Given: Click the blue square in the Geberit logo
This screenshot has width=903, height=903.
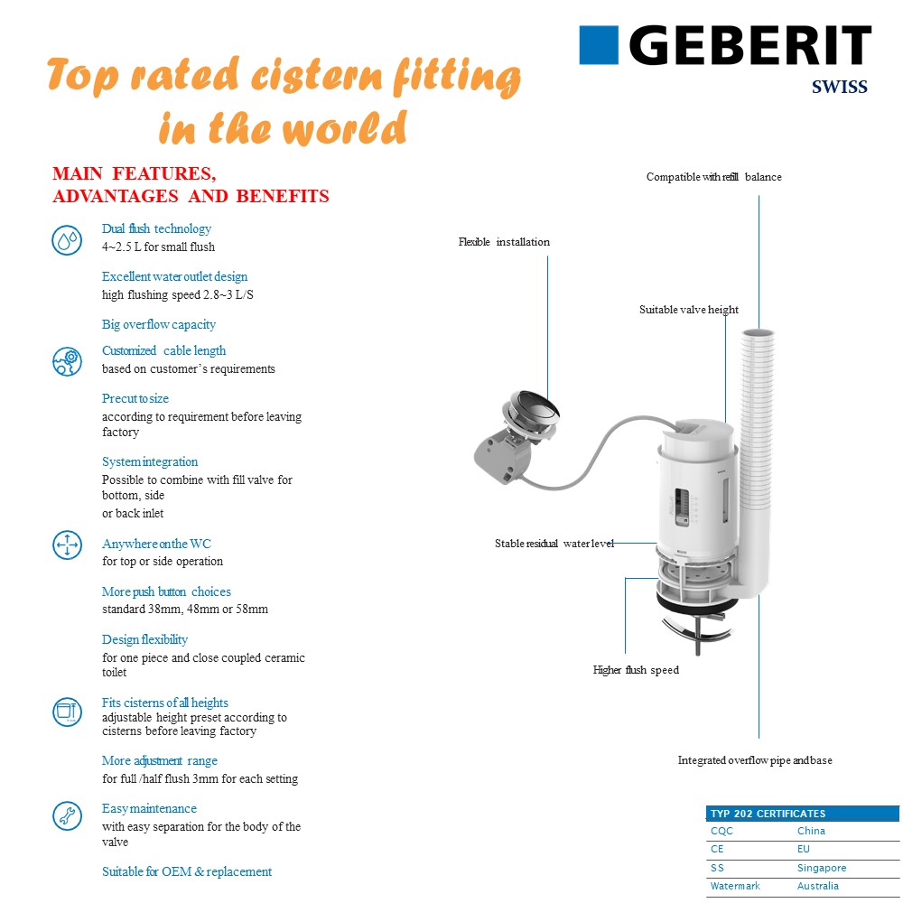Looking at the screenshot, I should pyautogui.click(x=599, y=45).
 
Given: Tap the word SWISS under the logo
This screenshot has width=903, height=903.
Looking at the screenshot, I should pyautogui.click(x=840, y=88).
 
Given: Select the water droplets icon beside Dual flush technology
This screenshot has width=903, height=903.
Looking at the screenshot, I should pyautogui.click(x=67, y=240).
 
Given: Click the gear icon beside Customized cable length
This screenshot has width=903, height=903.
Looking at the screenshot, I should pyautogui.click(x=67, y=361).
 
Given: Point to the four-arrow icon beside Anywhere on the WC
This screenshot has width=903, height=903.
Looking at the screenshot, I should pyautogui.click(x=67, y=545).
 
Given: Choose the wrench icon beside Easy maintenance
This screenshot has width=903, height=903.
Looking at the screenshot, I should pyautogui.click(x=67, y=816).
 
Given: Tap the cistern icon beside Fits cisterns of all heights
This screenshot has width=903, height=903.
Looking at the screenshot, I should pyautogui.click(x=67, y=711).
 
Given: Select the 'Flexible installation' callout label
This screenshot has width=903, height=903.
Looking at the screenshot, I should pyautogui.click(x=504, y=242).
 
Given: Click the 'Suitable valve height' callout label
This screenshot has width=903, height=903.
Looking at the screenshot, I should pyautogui.click(x=689, y=310).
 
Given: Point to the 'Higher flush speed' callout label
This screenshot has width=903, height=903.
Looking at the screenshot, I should pyautogui.click(x=636, y=670).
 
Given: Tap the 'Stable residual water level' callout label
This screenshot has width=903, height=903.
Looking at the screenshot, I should pyautogui.click(x=554, y=544).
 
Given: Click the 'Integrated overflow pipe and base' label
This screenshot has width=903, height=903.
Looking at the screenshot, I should pyautogui.click(x=755, y=760).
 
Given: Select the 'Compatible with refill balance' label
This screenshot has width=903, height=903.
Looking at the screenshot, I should pyautogui.click(x=713, y=177).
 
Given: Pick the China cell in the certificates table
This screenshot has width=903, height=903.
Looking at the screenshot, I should pyautogui.click(x=811, y=831).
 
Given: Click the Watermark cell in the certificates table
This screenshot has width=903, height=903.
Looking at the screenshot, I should pyautogui.click(x=735, y=886).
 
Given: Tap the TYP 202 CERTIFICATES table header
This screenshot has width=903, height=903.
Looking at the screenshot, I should pyautogui.click(x=768, y=814).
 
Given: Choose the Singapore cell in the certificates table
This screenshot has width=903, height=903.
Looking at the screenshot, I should pyautogui.click(x=822, y=868).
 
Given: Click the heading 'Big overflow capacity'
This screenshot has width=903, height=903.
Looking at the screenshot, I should pyautogui.click(x=159, y=324).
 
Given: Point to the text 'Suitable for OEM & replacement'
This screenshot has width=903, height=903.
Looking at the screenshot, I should pyautogui.click(x=187, y=871).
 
